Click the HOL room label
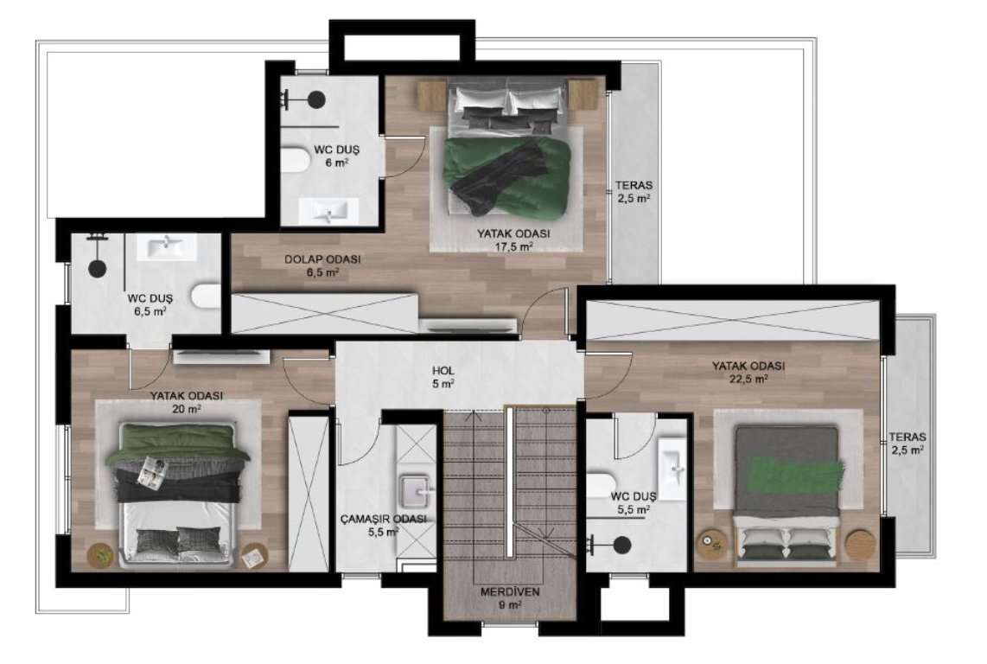click(x=443, y=371)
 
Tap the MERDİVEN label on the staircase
click(x=510, y=592)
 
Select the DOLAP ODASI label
click(x=322, y=259)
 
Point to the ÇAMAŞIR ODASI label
click(x=384, y=519)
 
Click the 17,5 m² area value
click(x=513, y=246)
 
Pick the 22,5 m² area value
click(x=748, y=379)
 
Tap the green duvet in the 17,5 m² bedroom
click(x=507, y=177)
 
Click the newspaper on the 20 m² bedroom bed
click(x=153, y=470)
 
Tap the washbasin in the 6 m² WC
click(x=328, y=210)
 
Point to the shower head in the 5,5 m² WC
click(x=622, y=545)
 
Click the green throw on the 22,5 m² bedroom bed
click(x=796, y=472)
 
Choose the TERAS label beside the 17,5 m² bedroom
click(x=634, y=185)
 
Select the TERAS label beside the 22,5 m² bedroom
click(x=907, y=437)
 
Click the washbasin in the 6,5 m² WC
click(x=167, y=246)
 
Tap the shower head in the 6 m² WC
click(x=316, y=99)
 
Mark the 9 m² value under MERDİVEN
click(x=510, y=605)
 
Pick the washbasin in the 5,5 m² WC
click(x=672, y=469)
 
